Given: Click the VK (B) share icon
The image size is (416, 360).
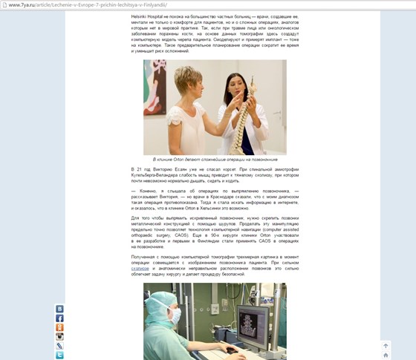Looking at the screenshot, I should click(x=59, y=309).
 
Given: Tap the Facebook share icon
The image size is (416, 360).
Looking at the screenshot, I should click(x=59, y=318).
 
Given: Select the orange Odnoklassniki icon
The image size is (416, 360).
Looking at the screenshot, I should click(x=59, y=327).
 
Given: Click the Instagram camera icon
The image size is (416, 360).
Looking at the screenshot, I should click(x=59, y=336).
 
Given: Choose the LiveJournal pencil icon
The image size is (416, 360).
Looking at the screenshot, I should click(x=59, y=346).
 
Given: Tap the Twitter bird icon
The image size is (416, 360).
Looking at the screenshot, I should click(x=59, y=355).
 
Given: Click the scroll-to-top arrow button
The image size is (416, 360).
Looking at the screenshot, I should click(x=385, y=346).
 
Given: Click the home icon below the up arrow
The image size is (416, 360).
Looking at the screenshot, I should click(x=385, y=356).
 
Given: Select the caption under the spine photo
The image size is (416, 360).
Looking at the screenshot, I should click(x=215, y=160).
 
